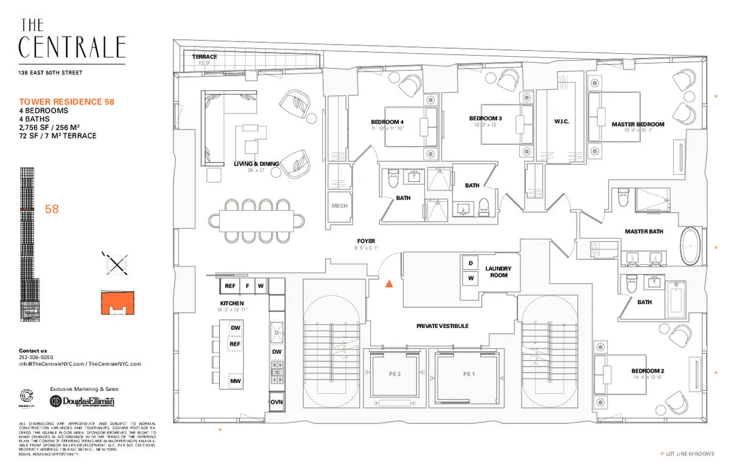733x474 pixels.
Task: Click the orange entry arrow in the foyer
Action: [388, 283]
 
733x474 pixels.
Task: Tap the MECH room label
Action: [340, 206]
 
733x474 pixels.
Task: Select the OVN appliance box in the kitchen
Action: [277, 402]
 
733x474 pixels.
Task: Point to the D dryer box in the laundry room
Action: [470, 263]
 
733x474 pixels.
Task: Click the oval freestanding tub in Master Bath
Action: [690, 246]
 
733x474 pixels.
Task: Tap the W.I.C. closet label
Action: [561, 122]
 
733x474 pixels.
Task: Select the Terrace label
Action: [205, 57]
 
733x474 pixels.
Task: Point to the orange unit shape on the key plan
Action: [117, 302]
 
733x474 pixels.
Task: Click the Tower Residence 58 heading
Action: [67, 102]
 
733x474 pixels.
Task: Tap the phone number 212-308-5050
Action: [36, 357]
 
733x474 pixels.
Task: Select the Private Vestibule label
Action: [442, 326]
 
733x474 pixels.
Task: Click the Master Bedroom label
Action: [638, 124]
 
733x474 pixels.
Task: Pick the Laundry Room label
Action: [498, 272]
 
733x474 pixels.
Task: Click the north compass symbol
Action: [117, 263]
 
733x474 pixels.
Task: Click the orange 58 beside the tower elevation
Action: [53, 210]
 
